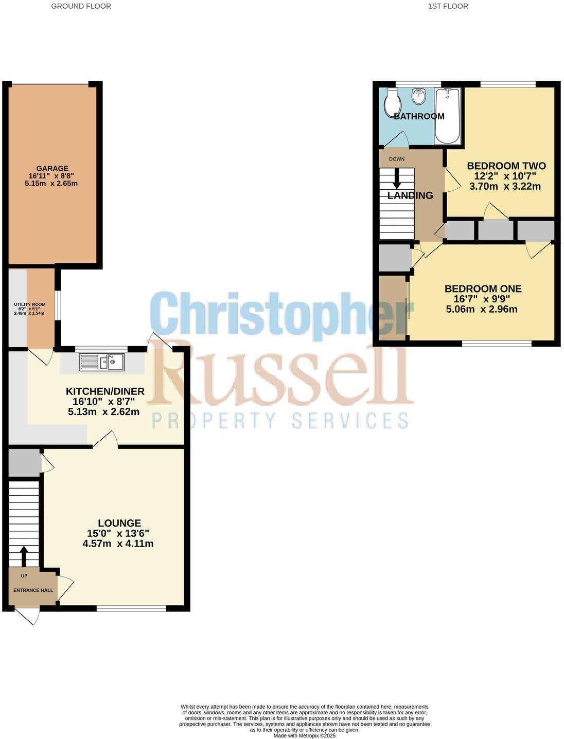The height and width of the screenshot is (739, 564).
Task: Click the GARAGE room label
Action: tap(52, 168)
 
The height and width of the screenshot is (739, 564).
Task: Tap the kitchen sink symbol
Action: tap(102, 362)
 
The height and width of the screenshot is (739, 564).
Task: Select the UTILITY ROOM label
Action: tap(29, 304)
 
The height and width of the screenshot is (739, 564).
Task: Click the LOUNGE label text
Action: tap(119, 523)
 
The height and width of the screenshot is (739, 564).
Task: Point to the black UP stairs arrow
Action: tap(24, 555)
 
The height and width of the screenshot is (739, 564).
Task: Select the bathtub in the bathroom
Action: tap(448, 116)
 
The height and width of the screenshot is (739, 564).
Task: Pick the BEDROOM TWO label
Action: tap(506, 166)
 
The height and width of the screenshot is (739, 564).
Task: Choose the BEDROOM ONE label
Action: tap(483, 289)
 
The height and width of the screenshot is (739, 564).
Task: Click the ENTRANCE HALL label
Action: tap(33, 590)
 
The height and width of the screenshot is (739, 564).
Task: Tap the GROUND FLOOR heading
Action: tap(81, 6)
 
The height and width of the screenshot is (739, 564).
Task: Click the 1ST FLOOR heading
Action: tap(448, 6)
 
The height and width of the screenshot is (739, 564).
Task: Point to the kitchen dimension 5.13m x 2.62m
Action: tap(103, 411)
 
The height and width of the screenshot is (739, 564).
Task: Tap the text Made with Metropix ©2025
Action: tap(304, 735)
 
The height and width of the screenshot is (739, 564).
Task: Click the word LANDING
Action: tap(410, 195)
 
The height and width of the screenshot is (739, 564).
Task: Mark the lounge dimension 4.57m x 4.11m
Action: tap(118, 544)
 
